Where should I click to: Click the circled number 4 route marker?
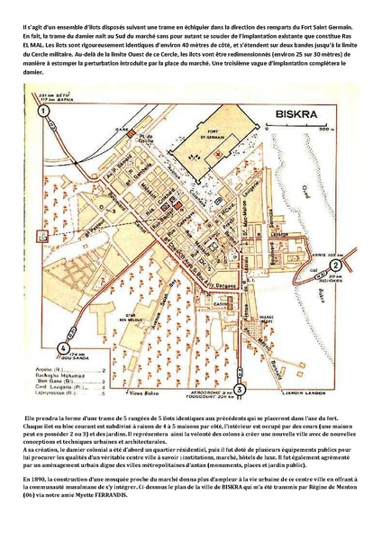pos(64,347)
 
